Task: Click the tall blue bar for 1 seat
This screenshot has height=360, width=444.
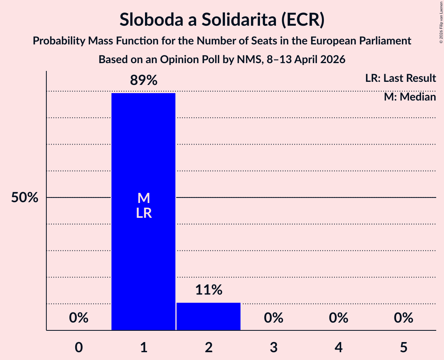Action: point(143,253)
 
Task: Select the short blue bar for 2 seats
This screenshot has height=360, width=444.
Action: point(209,316)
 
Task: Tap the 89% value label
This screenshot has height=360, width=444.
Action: point(143,81)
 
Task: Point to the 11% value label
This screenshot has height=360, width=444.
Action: point(209,290)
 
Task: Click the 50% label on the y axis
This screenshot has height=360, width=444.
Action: point(25,198)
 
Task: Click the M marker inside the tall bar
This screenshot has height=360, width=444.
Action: point(143,198)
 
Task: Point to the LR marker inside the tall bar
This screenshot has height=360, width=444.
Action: point(143,213)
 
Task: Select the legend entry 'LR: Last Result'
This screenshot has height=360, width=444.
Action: point(400,78)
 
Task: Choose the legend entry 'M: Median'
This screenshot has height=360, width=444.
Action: point(410,97)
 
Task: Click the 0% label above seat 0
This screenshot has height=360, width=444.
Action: point(79,318)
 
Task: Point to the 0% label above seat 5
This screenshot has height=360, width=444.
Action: point(403,318)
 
